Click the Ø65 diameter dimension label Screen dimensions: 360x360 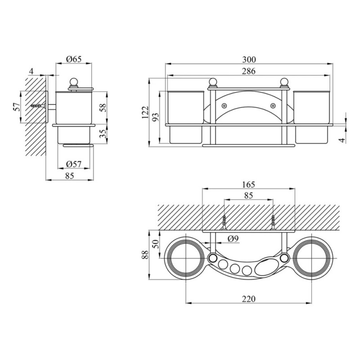74,59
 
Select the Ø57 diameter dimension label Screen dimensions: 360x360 74,164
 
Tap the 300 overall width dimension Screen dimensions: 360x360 249,60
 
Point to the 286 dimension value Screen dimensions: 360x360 249,71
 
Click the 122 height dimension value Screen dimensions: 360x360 145,112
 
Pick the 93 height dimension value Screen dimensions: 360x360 155,117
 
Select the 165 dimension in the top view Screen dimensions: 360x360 249,184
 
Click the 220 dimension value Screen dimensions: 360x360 249,299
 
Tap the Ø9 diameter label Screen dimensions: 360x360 233,239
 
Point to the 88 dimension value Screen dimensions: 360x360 145,255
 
